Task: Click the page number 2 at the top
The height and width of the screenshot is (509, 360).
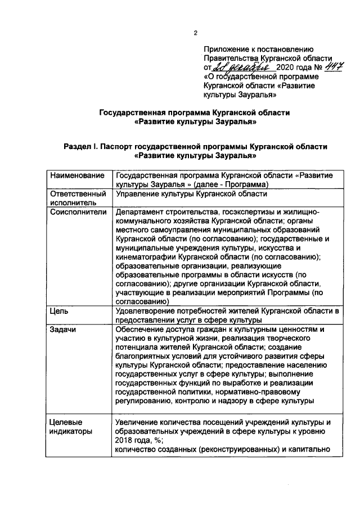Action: click(x=195, y=33)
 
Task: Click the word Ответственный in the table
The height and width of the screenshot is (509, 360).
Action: click(x=78, y=194)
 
